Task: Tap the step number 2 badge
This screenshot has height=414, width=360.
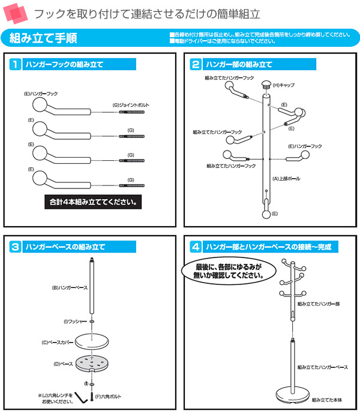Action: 195,64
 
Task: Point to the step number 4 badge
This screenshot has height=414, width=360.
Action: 195,247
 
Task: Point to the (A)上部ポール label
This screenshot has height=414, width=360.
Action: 286,178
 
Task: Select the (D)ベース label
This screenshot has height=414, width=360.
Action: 63,364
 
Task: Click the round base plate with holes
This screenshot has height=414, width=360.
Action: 91,365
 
